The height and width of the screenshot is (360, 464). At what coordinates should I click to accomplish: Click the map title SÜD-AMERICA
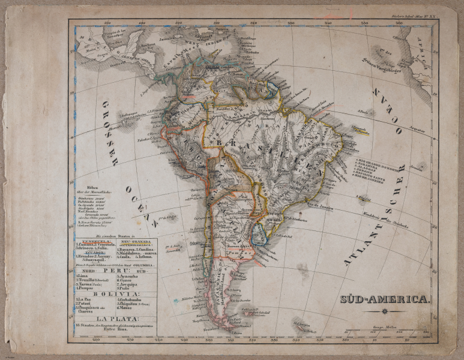384,298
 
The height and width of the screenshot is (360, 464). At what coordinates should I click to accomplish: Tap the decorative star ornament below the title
385,310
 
